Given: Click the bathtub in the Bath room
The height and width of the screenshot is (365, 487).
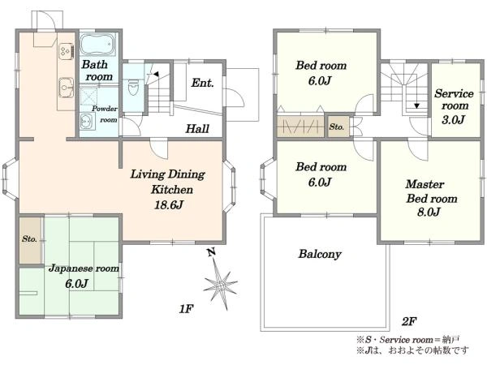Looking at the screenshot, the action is (97, 44).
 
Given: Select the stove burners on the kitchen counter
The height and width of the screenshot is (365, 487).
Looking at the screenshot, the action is (66, 50).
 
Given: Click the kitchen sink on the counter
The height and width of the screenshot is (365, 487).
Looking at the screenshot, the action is (66, 88).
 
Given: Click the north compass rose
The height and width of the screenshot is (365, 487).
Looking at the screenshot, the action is (220, 283).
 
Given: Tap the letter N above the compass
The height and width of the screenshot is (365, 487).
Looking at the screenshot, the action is (212, 251).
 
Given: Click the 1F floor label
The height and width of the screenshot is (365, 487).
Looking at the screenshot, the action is (186, 309).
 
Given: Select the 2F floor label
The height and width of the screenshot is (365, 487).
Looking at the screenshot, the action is (409, 321).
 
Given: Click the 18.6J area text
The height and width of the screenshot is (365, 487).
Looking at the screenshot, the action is (169, 205).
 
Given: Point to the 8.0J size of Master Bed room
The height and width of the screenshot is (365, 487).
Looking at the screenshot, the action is (429, 212).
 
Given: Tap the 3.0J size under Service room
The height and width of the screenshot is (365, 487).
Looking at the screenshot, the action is (453, 119).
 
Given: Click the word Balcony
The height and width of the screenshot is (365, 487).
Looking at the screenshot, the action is (320, 254).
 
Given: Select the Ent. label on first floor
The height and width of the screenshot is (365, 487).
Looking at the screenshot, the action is (202, 83).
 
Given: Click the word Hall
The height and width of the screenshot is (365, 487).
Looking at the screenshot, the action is (197, 128).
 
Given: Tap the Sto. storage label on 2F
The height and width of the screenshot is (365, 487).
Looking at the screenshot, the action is (337, 127).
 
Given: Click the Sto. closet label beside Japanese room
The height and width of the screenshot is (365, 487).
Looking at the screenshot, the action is (29, 239).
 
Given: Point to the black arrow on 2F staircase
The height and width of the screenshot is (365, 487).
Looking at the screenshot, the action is (417, 105).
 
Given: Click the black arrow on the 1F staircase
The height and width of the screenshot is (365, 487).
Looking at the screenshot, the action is (156, 74).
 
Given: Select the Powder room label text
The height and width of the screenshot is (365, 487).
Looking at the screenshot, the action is (105, 114).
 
